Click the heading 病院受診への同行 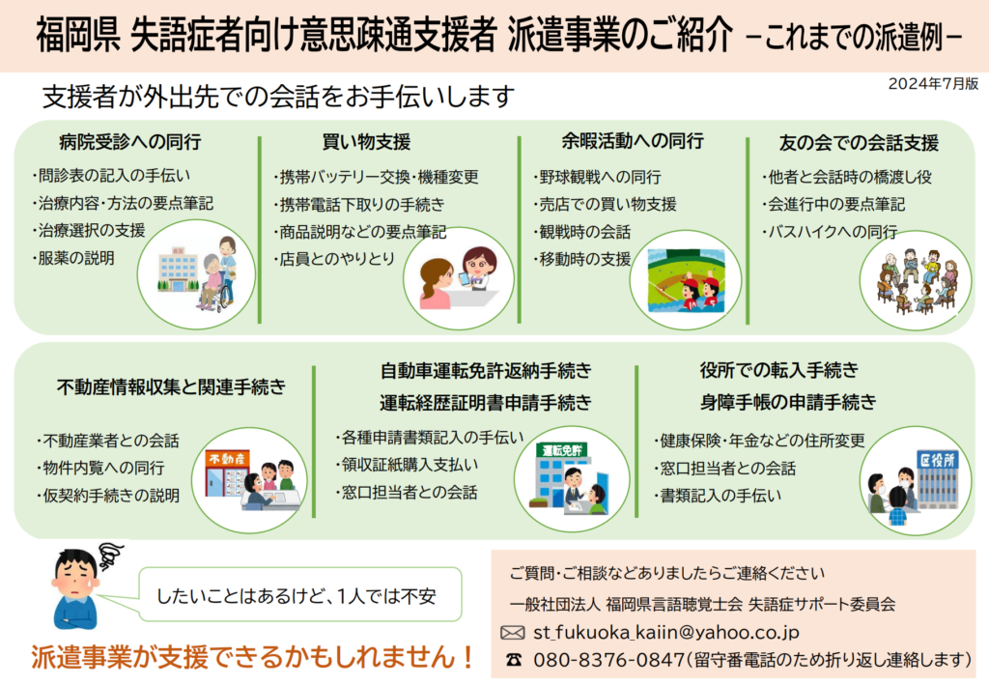(x=130, y=142)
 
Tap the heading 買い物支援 (x=366, y=142)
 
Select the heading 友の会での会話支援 (x=859, y=143)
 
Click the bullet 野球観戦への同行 (x=597, y=177)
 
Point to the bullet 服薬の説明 (x=73, y=258)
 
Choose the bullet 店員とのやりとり (x=334, y=259)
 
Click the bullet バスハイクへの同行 (x=830, y=232)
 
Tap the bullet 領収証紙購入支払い (x=407, y=465)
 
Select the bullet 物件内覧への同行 (x=100, y=468)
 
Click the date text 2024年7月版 (x=934, y=84)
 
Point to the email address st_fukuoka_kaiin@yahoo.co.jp (x=666, y=632)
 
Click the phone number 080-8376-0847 (x=608, y=660)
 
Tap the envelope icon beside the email (x=512, y=633)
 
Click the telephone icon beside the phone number (x=514, y=660)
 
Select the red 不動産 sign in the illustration (x=227, y=459)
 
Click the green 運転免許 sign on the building (x=561, y=450)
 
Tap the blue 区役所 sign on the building (x=937, y=460)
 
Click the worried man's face (x=76, y=576)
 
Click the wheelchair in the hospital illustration (x=212, y=296)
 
